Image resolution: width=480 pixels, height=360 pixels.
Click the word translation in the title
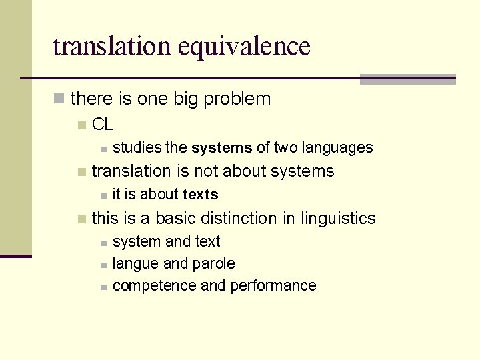pyautogui.click(x=112, y=47)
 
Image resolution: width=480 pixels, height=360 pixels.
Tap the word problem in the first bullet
pyautogui.click(x=237, y=99)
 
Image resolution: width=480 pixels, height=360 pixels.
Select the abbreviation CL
pyautogui.click(x=102, y=124)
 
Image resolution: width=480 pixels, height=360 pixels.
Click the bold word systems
pyautogui.click(x=221, y=147)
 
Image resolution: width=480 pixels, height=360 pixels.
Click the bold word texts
pyautogui.click(x=200, y=195)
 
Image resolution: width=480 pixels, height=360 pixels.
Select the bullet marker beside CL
pyautogui.click(x=81, y=125)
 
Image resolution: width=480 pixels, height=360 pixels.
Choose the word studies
pyautogui.click(x=137, y=147)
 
